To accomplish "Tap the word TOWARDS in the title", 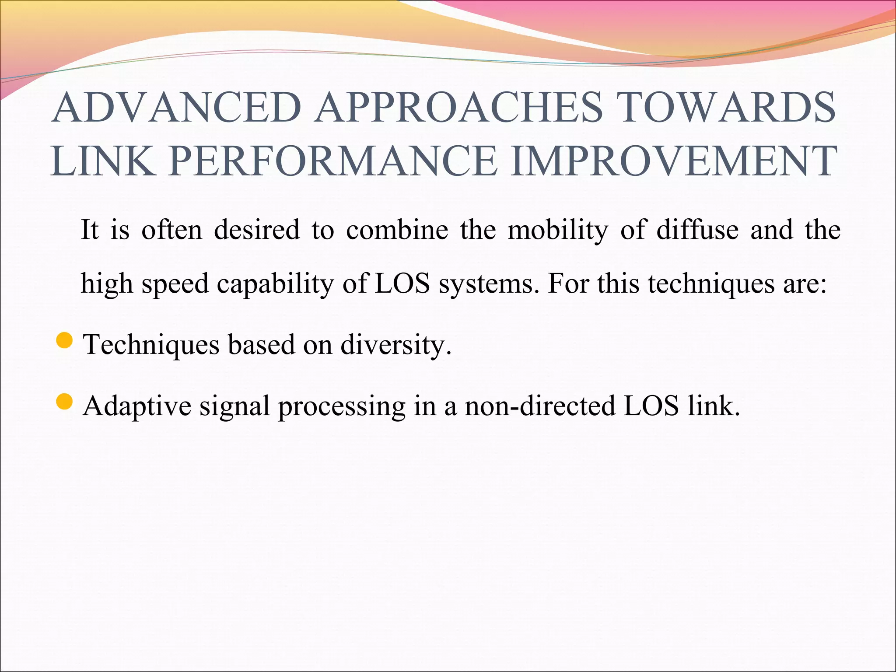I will pos(727,108).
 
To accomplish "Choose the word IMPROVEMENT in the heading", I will pos(673,161).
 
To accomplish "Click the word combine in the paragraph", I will pos(397,230).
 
